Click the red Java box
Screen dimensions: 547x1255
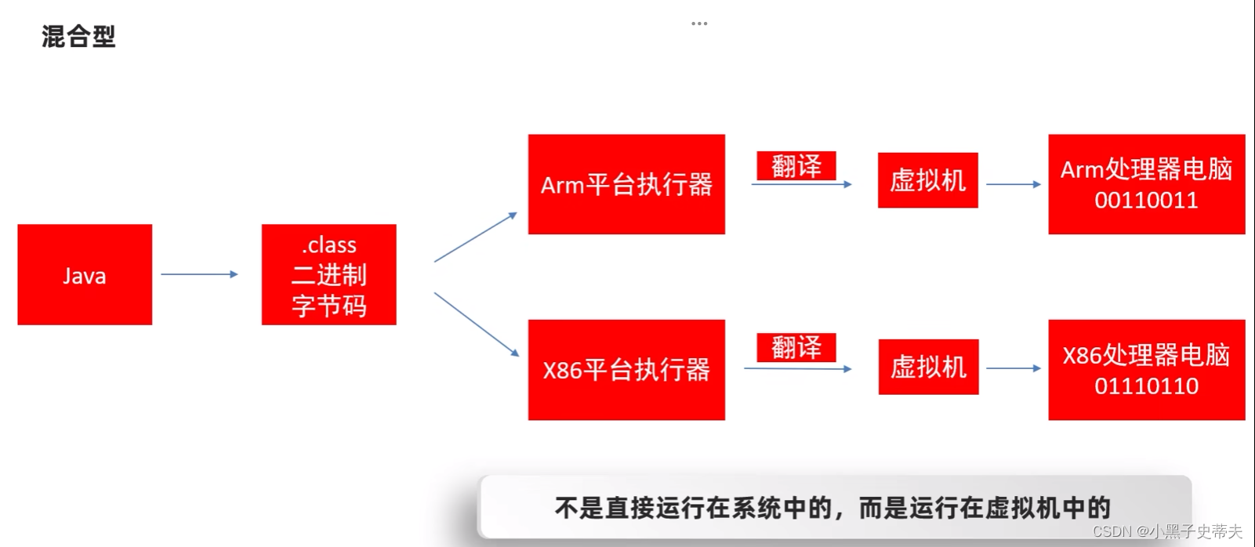(85, 275)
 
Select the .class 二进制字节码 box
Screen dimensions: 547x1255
(328, 275)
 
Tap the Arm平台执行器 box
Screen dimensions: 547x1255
(626, 184)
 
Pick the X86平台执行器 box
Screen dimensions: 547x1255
(626, 369)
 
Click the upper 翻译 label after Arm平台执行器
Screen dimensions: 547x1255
(796, 165)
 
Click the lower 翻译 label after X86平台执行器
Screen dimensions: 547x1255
(796, 347)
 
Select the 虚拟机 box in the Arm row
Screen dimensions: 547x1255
(927, 180)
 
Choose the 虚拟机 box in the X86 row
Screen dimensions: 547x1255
(928, 367)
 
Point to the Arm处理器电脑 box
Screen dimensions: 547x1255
(1146, 169)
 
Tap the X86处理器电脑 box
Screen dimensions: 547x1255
(1146, 355)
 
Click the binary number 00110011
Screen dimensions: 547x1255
(1146, 201)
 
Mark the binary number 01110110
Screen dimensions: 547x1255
(1146, 386)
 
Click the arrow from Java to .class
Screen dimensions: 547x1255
(199, 274)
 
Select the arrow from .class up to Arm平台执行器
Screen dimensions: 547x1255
(476, 237)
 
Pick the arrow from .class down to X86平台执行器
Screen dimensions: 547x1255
(477, 324)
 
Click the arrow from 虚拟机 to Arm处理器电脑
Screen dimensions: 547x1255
(1013, 184)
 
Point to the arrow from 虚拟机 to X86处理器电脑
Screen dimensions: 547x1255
(1013, 368)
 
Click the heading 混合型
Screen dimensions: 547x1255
(78, 36)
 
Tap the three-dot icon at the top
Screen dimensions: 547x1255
(699, 24)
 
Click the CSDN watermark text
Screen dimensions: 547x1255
(1166, 531)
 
